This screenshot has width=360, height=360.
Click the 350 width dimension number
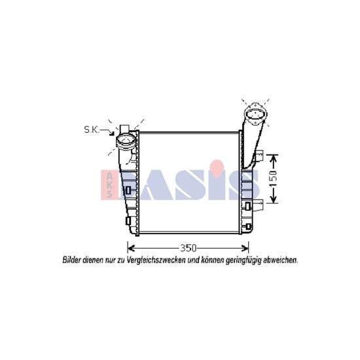tap(188, 248)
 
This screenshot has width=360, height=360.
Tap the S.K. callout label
tap(92, 130)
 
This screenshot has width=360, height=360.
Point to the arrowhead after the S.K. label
tap(112, 133)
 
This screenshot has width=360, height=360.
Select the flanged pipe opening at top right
tap(255, 114)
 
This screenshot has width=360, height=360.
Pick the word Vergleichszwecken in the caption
tap(156, 261)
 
